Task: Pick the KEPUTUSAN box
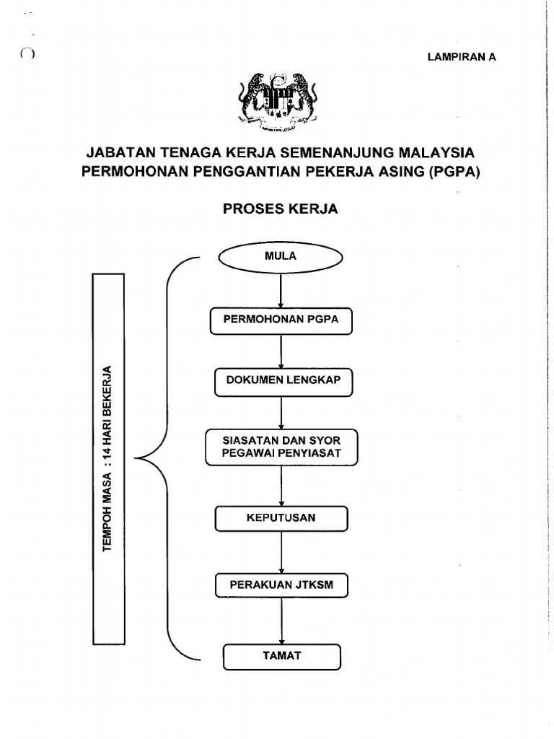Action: pos(281,518)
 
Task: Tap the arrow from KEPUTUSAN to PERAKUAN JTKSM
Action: pos(281,552)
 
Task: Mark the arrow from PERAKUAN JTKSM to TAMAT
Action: pos(281,620)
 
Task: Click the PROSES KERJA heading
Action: pos(281,209)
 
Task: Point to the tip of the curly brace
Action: pos(136,459)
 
